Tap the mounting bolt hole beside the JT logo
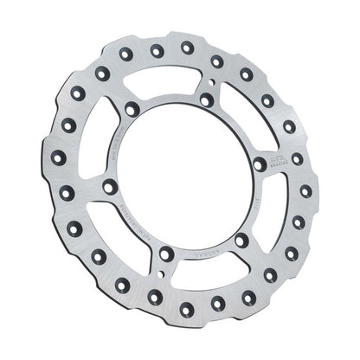(259, 163)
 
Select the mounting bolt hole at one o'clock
(206, 100)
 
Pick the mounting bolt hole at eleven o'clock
(132, 109)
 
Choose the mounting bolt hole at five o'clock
(241, 238)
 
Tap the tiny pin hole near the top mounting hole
(211, 85)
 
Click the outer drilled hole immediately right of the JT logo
(296, 158)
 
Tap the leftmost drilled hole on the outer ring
(58, 157)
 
